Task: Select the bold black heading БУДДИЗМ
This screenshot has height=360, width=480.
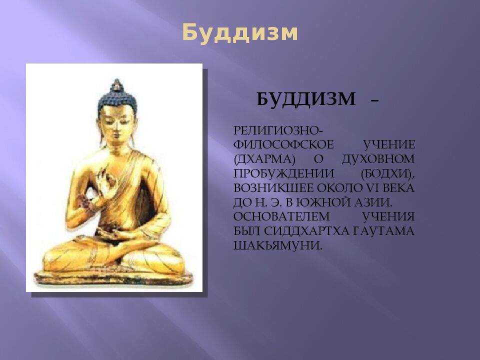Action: (x=306, y=99)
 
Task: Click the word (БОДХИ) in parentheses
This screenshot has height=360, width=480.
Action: (x=387, y=173)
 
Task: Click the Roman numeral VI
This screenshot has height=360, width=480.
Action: (x=368, y=188)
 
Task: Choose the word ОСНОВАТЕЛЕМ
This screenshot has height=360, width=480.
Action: (x=281, y=217)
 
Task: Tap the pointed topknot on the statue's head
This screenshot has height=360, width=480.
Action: (x=116, y=85)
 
